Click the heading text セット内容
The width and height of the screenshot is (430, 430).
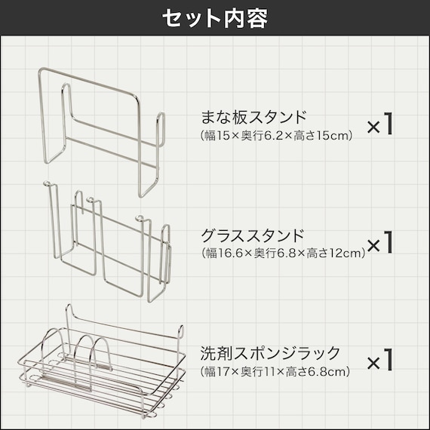215,19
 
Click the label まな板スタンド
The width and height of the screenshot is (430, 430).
253,118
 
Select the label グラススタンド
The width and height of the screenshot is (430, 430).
253,235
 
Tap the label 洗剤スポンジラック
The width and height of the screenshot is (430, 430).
270,353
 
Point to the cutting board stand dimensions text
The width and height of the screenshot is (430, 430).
276,136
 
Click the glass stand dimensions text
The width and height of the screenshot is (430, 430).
284,253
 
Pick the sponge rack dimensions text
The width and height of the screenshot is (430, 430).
275,372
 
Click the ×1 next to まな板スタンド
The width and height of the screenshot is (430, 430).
379,124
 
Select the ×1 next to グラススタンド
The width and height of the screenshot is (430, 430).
379,242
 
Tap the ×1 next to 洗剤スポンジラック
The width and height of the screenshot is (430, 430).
379,360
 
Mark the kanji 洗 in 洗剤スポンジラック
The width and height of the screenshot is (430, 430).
208,353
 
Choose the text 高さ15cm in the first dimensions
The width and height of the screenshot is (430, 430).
321,136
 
